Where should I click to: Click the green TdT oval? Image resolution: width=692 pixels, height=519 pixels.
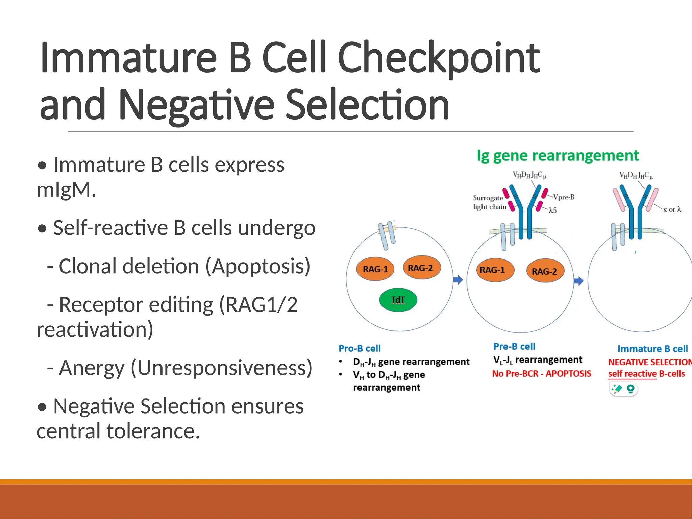tap(398, 300)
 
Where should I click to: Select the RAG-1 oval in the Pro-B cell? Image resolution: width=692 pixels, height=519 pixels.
tap(375, 269)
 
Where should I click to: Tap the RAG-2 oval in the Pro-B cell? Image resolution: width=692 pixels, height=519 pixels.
tap(421, 268)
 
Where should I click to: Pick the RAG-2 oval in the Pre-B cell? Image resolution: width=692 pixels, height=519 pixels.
tap(545, 271)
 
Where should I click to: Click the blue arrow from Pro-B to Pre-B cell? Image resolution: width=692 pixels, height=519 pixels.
tap(458, 280)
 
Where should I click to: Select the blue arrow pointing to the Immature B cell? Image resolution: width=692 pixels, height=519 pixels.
tap(578, 281)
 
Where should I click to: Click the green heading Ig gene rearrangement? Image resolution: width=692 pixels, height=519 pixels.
tap(558, 156)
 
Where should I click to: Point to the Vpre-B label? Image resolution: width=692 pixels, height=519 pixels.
tap(564, 197)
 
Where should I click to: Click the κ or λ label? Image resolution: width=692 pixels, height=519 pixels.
tap(672, 209)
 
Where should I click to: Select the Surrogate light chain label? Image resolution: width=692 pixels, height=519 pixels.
tap(489, 202)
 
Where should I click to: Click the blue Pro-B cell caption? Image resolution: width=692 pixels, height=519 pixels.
tap(360, 348)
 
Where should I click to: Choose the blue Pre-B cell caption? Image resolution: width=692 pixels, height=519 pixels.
tap(514, 347)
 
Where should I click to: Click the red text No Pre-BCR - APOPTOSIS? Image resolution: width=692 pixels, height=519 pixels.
tap(541, 374)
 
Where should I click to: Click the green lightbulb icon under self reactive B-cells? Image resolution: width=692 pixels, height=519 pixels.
tap(630, 389)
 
